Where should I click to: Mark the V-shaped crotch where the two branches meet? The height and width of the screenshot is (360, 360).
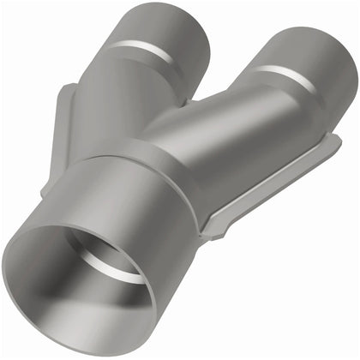pos(200,96)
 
